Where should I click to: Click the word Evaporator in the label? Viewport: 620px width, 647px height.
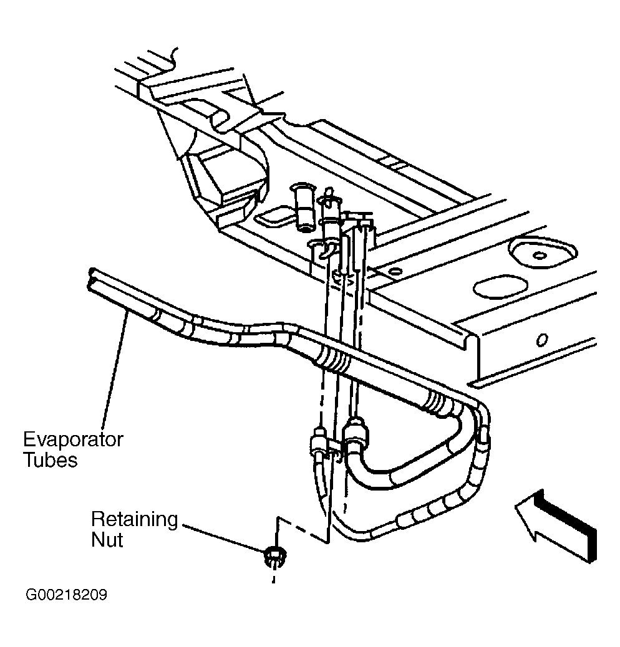[x=73, y=441]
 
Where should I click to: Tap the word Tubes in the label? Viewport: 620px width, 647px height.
[x=51, y=459]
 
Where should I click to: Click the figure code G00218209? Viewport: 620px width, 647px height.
[x=66, y=595]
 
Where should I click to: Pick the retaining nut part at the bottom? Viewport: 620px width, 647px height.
[x=274, y=557]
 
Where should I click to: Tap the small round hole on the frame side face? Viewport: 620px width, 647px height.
[x=541, y=340]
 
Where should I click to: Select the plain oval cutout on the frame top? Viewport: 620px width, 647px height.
[x=500, y=287]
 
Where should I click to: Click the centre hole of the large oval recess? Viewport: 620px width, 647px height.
[x=540, y=256]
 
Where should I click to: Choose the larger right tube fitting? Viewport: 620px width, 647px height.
[x=354, y=433]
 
